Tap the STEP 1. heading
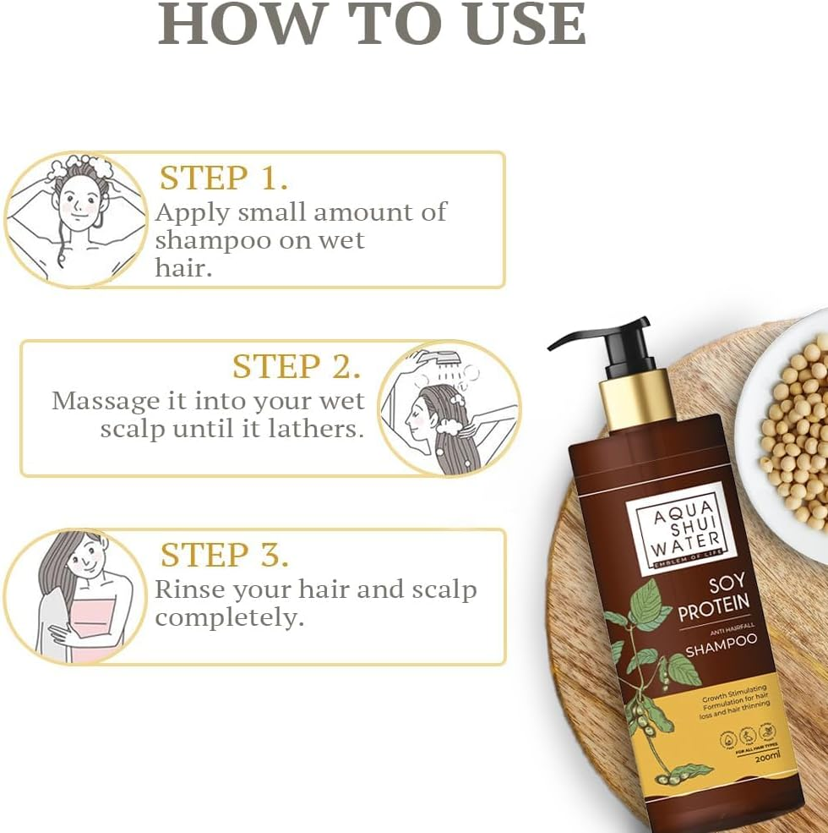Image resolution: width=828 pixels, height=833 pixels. (224, 178)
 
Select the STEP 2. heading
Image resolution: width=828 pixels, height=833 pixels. (297, 366)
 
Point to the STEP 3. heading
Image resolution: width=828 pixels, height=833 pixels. (225, 555)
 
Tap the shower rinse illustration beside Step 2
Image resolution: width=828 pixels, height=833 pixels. (448, 408)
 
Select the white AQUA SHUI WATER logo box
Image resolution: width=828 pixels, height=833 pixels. (670, 528)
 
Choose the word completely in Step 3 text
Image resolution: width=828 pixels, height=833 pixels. (228, 618)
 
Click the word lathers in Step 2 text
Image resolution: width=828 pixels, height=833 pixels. (315, 428)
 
